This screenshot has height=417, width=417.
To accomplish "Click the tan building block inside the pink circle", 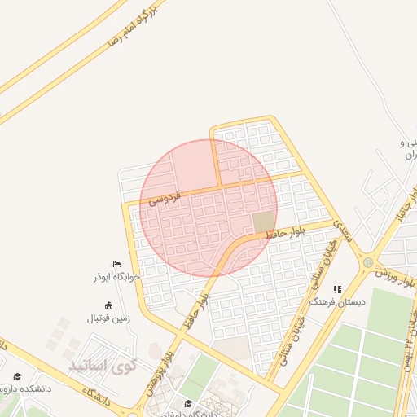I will [x=264, y=222].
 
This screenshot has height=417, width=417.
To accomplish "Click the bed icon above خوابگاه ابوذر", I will [x=116, y=264].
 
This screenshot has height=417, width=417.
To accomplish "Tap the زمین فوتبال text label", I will [x=109, y=318].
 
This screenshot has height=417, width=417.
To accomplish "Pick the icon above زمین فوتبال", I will [x=109, y=305].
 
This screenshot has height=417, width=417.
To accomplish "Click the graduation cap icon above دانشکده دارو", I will [x=17, y=376].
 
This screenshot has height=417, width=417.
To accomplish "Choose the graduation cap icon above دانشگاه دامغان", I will [x=189, y=403].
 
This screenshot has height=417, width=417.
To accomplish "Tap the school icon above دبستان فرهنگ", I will [x=336, y=289].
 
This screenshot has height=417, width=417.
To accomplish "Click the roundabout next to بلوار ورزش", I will [x=368, y=262].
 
